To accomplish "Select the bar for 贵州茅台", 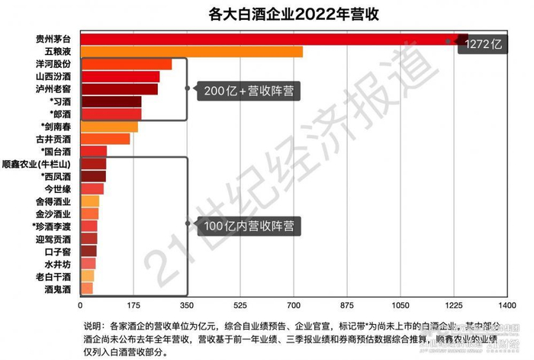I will [267, 39].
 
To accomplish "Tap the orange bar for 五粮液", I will [191, 52].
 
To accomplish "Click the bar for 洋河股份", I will [126, 64].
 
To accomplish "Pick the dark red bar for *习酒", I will [111, 101].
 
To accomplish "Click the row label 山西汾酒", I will [54, 77].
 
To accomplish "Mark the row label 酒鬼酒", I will [59, 288].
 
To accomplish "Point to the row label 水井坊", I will [59, 264].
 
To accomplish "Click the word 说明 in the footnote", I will [92, 324].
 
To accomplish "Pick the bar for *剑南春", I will [109, 127].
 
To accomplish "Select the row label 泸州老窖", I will [54, 89].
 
